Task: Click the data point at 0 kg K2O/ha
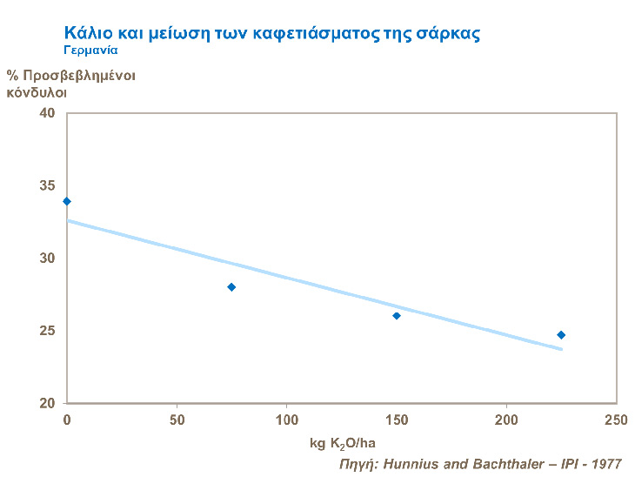click(67, 201)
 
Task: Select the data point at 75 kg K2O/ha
click(231, 287)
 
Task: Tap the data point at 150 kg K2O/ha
click(397, 316)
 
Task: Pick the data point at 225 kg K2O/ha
click(561, 335)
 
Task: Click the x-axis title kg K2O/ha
click(343, 444)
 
